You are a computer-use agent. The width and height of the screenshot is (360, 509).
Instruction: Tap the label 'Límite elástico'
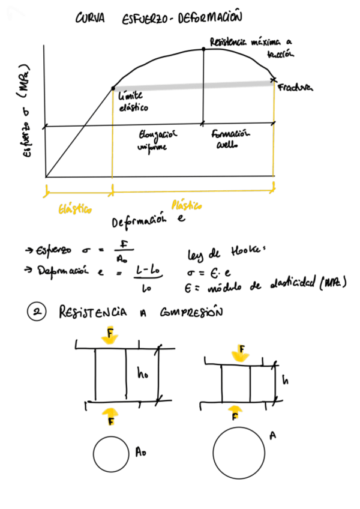tap(133, 103)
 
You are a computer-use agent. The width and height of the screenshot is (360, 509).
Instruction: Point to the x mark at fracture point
tap(274, 79)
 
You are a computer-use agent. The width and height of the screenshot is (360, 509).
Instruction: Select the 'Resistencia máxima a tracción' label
tap(250, 47)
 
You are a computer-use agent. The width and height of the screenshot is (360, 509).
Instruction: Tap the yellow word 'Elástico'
tap(74, 209)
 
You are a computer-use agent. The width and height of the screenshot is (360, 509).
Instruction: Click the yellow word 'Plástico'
tap(187, 206)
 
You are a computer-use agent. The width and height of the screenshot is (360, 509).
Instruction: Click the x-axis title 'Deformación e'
tap(147, 222)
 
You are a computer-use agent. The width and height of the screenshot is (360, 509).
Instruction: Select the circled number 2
tap(38, 313)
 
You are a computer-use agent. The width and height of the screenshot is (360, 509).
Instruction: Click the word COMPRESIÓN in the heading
tap(191, 313)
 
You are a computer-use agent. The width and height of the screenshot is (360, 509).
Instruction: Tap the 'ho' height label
tap(143, 375)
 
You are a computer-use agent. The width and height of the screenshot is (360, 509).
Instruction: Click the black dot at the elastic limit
tap(113, 89)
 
